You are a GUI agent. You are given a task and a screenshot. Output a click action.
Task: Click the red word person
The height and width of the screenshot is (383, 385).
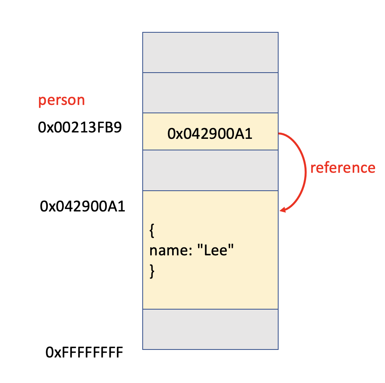pyautogui.click(x=61, y=100)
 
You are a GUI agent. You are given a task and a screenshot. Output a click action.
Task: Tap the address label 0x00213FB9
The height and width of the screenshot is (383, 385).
pyautogui.click(x=80, y=128)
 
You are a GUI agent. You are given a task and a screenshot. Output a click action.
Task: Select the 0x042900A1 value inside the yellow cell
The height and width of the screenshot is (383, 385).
pyautogui.click(x=210, y=134)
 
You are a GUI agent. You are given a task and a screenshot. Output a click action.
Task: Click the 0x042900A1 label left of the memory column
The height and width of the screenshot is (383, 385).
pyautogui.click(x=82, y=207)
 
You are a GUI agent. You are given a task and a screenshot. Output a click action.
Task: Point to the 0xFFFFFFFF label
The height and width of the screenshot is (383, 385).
pyautogui.click(x=84, y=353)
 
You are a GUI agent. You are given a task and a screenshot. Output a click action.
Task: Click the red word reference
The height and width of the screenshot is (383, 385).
pyautogui.click(x=343, y=168)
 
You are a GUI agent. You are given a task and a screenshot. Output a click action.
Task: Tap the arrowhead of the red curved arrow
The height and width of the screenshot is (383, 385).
pyautogui.click(x=283, y=210)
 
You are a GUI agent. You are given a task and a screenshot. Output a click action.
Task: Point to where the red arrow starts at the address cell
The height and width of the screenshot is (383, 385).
pyautogui.click(x=280, y=134)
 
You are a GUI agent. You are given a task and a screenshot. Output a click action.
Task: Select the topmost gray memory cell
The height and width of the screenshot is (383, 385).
pyautogui.click(x=210, y=52)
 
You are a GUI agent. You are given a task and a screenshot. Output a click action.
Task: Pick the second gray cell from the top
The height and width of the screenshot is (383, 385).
pyautogui.click(x=210, y=93)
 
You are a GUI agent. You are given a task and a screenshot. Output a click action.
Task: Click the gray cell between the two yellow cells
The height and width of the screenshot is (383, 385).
pyautogui.click(x=210, y=170)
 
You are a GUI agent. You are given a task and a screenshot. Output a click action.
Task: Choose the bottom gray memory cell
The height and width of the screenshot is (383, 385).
pyautogui.click(x=210, y=329)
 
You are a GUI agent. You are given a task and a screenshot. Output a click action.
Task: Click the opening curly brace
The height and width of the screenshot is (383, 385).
pyautogui.click(x=151, y=231)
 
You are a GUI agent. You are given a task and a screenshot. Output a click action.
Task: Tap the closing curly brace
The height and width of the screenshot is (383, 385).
pyautogui.click(x=151, y=271)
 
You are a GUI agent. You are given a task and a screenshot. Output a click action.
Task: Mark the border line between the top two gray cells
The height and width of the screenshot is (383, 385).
pyautogui.click(x=210, y=73)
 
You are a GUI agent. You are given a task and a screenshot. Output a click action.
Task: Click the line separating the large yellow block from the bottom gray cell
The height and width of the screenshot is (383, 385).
pyautogui.click(x=210, y=309)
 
